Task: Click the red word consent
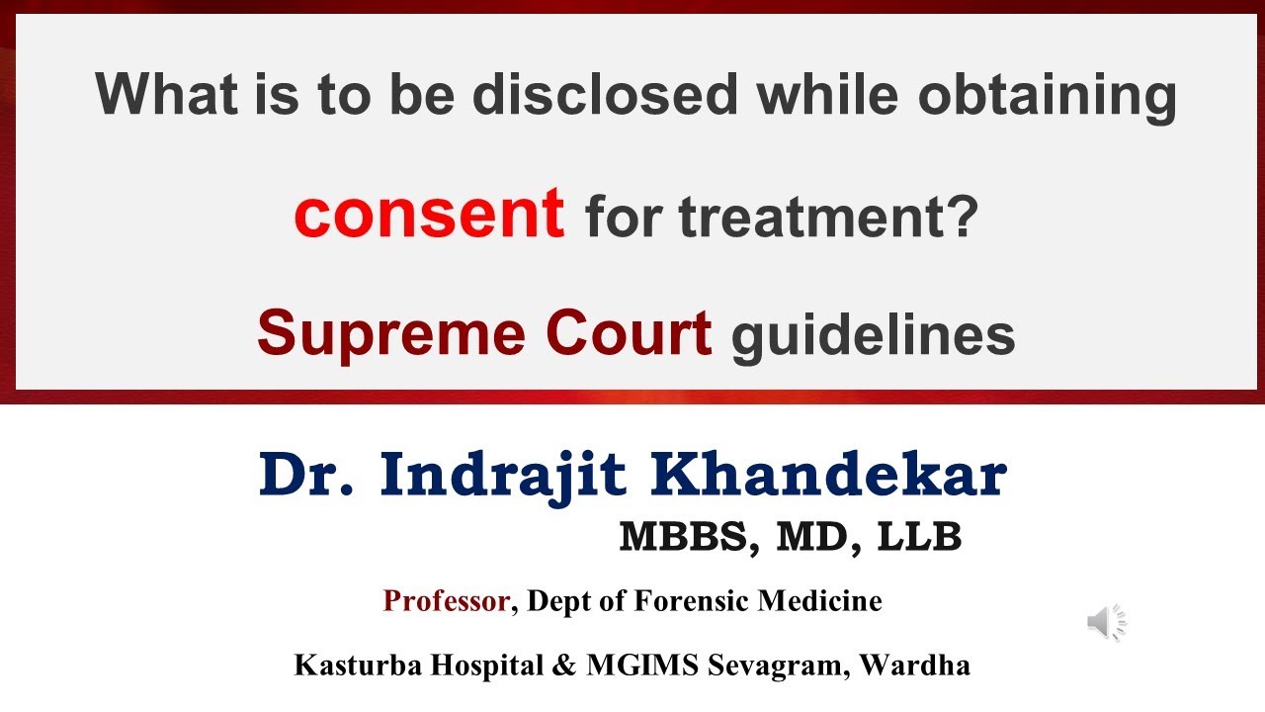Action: (x=429, y=215)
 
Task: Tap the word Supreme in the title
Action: (x=384, y=333)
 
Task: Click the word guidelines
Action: (x=873, y=336)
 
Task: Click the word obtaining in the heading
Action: (x=1047, y=96)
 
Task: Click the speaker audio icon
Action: (x=1106, y=622)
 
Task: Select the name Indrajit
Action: (x=502, y=476)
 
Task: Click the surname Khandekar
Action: (x=829, y=476)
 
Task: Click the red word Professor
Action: (x=447, y=600)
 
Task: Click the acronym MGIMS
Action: (x=644, y=665)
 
